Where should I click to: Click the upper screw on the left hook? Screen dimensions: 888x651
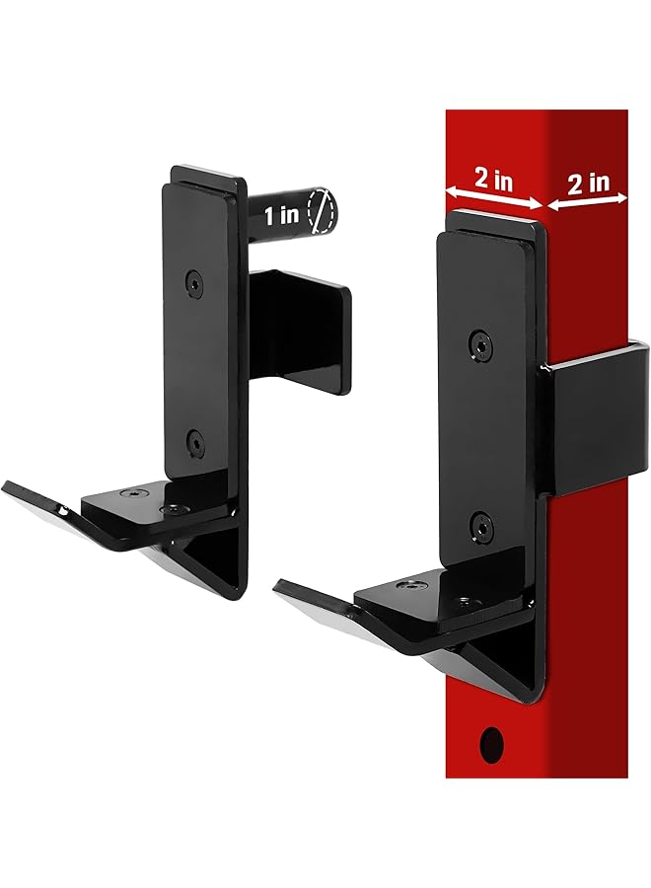click(x=194, y=281)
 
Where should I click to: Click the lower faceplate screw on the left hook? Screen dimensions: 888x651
click(x=194, y=440)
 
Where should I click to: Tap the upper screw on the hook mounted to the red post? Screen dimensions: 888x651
click(x=479, y=342)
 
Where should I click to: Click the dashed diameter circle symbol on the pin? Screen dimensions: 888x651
click(x=322, y=211)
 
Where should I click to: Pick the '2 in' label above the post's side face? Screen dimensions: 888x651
click(x=589, y=182)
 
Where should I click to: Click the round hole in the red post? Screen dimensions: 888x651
click(x=489, y=740)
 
